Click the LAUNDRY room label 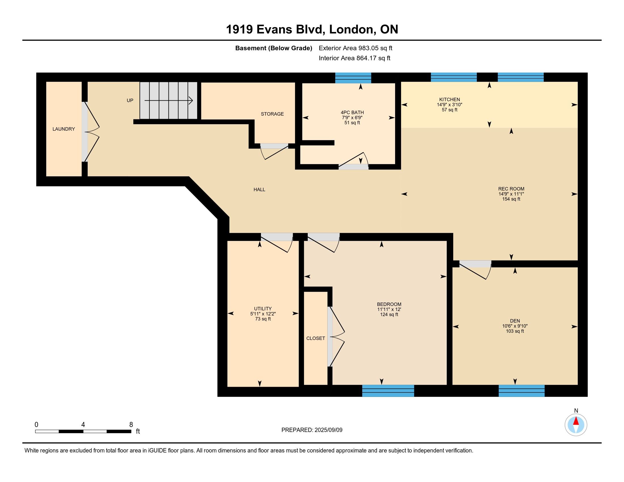[x=64, y=129]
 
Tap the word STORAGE [x=272, y=114]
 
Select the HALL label [x=260, y=189]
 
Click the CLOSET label [x=316, y=338]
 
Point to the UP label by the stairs [x=130, y=101]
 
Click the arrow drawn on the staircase [x=168, y=101]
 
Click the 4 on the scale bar [x=83, y=425]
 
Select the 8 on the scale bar [x=131, y=425]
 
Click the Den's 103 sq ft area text [x=515, y=331]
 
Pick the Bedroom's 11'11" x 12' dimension [x=389, y=310]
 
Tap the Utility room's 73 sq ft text [x=263, y=319]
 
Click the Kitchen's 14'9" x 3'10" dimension [x=450, y=105]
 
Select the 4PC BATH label [x=352, y=113]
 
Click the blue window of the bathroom [x=353, y=78]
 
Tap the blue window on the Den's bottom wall [x=521, y=391]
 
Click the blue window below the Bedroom [x=388, y=391]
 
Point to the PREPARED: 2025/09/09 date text [x=312, y=430]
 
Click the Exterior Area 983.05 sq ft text [x=356, y=48]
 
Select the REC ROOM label [x=511, y=189]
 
